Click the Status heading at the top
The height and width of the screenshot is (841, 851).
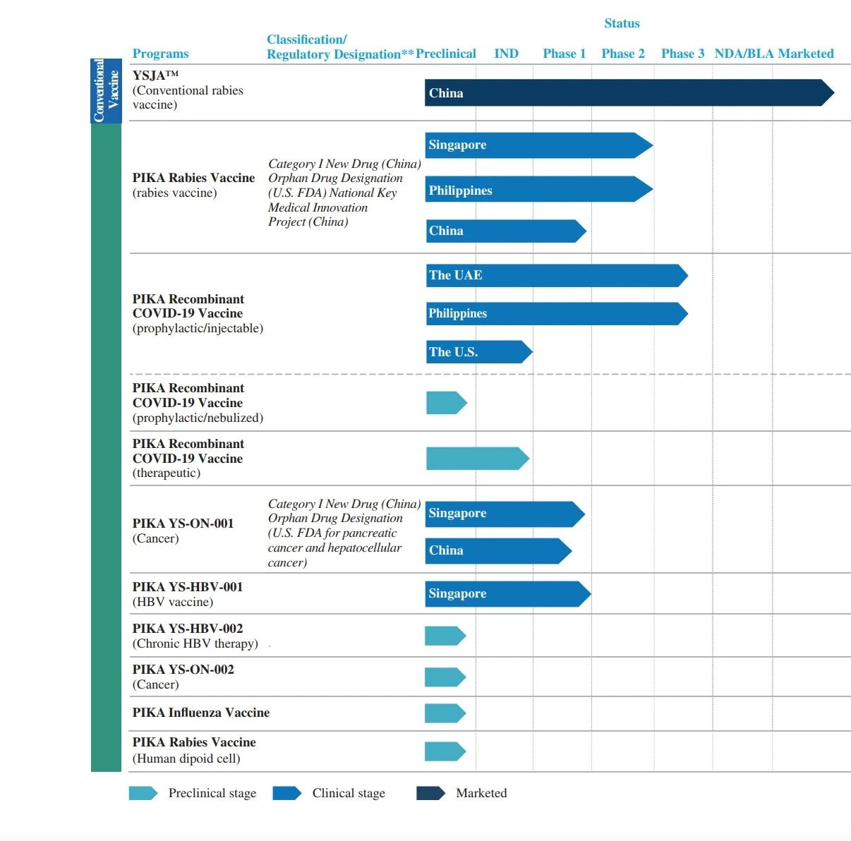(x=622, y=23)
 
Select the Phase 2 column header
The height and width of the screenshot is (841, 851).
(x=623, y=54)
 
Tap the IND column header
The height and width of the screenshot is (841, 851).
(x=506, y=54)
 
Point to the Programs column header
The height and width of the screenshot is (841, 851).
(x=160, y=54)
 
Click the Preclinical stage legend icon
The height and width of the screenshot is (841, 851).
(x=143, y=793)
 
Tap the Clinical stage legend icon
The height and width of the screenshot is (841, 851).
(x=286, y=793)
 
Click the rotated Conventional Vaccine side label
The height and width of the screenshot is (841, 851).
(x=106, y=91)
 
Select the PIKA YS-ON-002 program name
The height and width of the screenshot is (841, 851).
(x=183, y=670)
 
